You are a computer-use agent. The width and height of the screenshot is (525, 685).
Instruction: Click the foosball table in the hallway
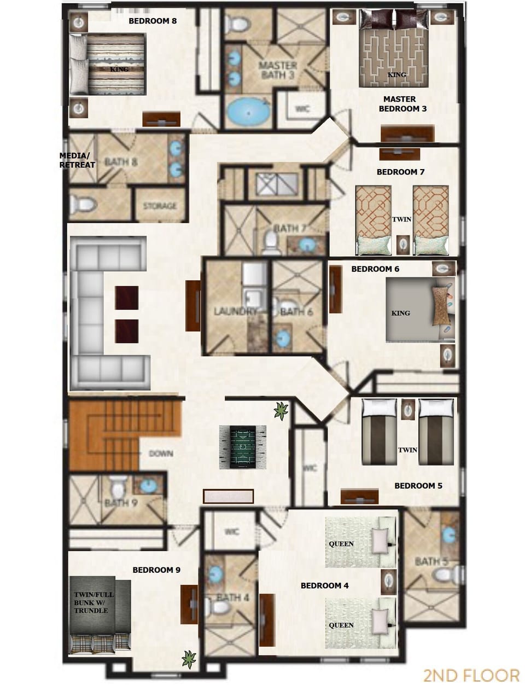tap(242, 447)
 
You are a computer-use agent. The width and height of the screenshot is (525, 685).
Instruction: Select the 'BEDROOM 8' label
tap(153, 21)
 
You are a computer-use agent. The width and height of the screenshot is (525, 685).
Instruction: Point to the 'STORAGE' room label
tap(160, 206)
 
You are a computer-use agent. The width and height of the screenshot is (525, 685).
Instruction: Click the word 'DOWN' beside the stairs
tap(161, 454)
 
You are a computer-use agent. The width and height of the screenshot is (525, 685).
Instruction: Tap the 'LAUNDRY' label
tap(235, 312)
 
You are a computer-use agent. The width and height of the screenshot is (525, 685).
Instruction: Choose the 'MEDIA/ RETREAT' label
tap(77, 160)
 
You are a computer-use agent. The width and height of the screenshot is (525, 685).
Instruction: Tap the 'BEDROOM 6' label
tap(375, 269)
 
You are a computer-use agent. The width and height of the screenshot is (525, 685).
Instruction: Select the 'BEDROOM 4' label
tap(324, 586)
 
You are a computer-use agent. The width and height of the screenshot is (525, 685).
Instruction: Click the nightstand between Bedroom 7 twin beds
tap(404, 244)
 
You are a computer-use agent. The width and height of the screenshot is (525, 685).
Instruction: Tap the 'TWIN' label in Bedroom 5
tap(407, 450)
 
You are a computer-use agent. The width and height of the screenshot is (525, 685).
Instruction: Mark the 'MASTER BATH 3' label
tap(278, 70)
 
